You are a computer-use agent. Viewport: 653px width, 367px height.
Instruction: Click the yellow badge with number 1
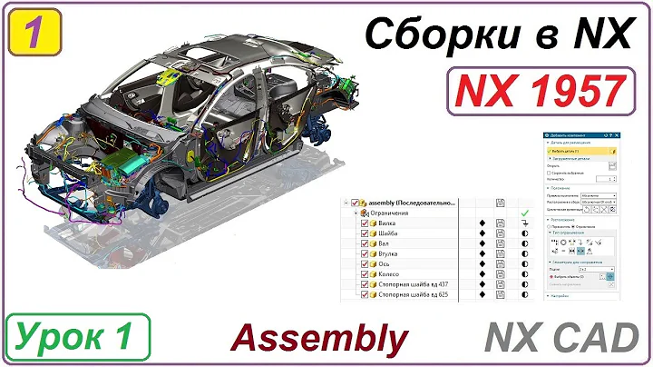click(x=33, y=31)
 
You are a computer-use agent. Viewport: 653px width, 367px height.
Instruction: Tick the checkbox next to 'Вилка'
click(x=365, y=223)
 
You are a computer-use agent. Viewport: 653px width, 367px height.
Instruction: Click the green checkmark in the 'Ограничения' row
click(x=524, y=211)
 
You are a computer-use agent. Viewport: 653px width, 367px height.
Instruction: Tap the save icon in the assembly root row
click(x=500, y=202)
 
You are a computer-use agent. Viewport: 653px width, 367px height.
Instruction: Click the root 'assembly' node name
click(x=416, y=202)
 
